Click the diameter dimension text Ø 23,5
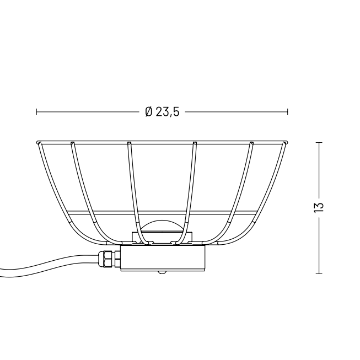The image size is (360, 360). pos(163,112)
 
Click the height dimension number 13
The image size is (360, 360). pos(319,207)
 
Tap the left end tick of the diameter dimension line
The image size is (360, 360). pos(37,112)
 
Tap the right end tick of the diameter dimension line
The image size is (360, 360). pos(288,112)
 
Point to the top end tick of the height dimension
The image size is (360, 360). pos(319,142)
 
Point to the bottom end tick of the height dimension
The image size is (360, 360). pos(319,272)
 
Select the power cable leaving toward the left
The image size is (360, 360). pos(50,264)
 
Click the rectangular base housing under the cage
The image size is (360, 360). pos(163,257)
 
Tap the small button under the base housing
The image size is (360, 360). pos(161,272)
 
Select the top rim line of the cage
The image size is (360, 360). pos(163,141)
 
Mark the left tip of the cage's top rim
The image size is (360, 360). pos(37,142)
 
